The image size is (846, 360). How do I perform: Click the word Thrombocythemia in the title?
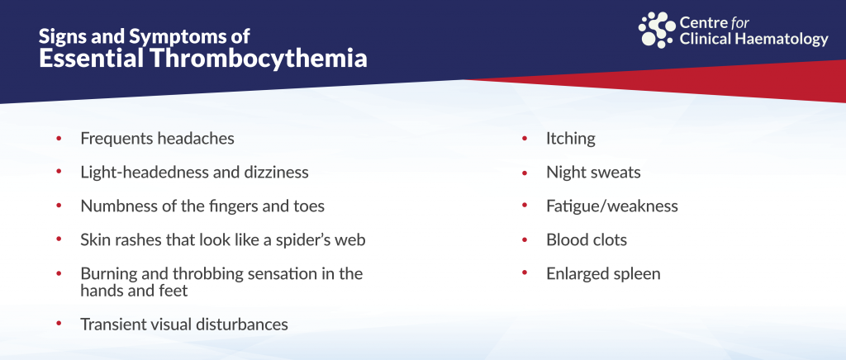click(x=259, y=58)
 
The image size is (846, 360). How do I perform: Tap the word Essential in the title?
click(x=91, y=58)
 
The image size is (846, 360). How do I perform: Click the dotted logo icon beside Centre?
click(x=657, y=30)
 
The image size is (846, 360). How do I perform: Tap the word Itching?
click(x=571, y=139)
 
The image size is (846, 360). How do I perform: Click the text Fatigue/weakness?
click(x=612, y=206)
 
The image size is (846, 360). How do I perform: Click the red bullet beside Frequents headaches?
click(x=59, y=139)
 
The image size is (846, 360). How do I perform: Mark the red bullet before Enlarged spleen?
click(x=525, y=273)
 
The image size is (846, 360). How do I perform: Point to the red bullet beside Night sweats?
click(x=525, y=173)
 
